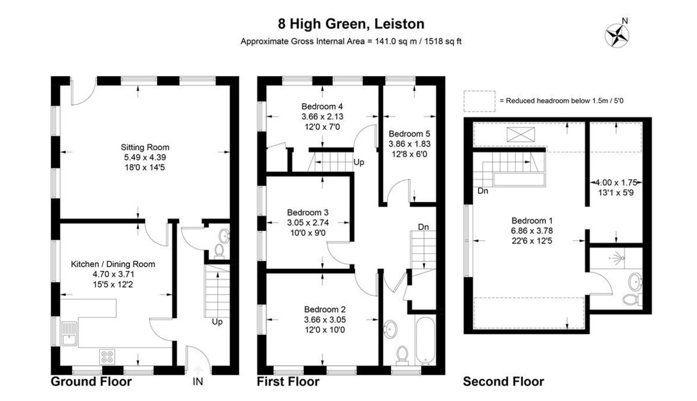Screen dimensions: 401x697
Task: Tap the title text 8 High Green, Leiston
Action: click(351, 24)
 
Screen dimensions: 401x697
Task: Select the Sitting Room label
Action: click(145, 147)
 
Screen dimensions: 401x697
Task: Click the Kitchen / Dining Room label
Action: click(113, 264)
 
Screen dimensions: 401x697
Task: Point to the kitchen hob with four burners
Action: click(107, 355)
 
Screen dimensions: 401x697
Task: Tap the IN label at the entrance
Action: click(199, 382)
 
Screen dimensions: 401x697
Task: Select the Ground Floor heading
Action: click(91, 382)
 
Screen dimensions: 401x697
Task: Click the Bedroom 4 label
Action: click(322, 106)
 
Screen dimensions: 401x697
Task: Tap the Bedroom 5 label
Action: click(409, 133)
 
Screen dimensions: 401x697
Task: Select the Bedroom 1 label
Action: click(531, 221)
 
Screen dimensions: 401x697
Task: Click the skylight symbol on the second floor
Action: click(520, 135)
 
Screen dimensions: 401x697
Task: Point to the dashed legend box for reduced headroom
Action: click(479, 100)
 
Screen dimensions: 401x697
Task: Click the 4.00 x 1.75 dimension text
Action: click(615, 182)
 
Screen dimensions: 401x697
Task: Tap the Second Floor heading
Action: click(503, 382)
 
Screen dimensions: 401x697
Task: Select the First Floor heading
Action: click(288, 382)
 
